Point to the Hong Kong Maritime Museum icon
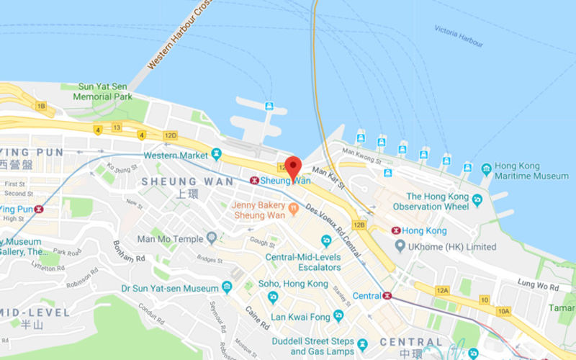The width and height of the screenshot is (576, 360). pyautogui.click(x=487, y=170)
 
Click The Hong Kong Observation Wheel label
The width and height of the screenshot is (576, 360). pyautogui.click(x=437, y=201)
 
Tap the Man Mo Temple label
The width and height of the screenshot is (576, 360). pyautogui.click(x=171, y=238)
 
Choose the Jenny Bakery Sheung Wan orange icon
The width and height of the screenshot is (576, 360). pyautogui.click(x=293, y=209)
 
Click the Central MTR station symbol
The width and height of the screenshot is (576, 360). pyautogui.click(x=387, y=295)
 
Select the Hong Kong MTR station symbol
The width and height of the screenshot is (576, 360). pyautogui.click(x=395, y=230)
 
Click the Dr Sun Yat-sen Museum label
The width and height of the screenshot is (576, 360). pyautogui.click(x=170, y=288)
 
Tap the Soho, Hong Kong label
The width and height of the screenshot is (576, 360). pyautogui.click(x=297, y=284)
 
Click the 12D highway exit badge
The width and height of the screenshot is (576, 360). pyautogui.click(x=170, y=135)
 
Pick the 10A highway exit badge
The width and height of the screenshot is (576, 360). pyautogui.click(x=503, y=311)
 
